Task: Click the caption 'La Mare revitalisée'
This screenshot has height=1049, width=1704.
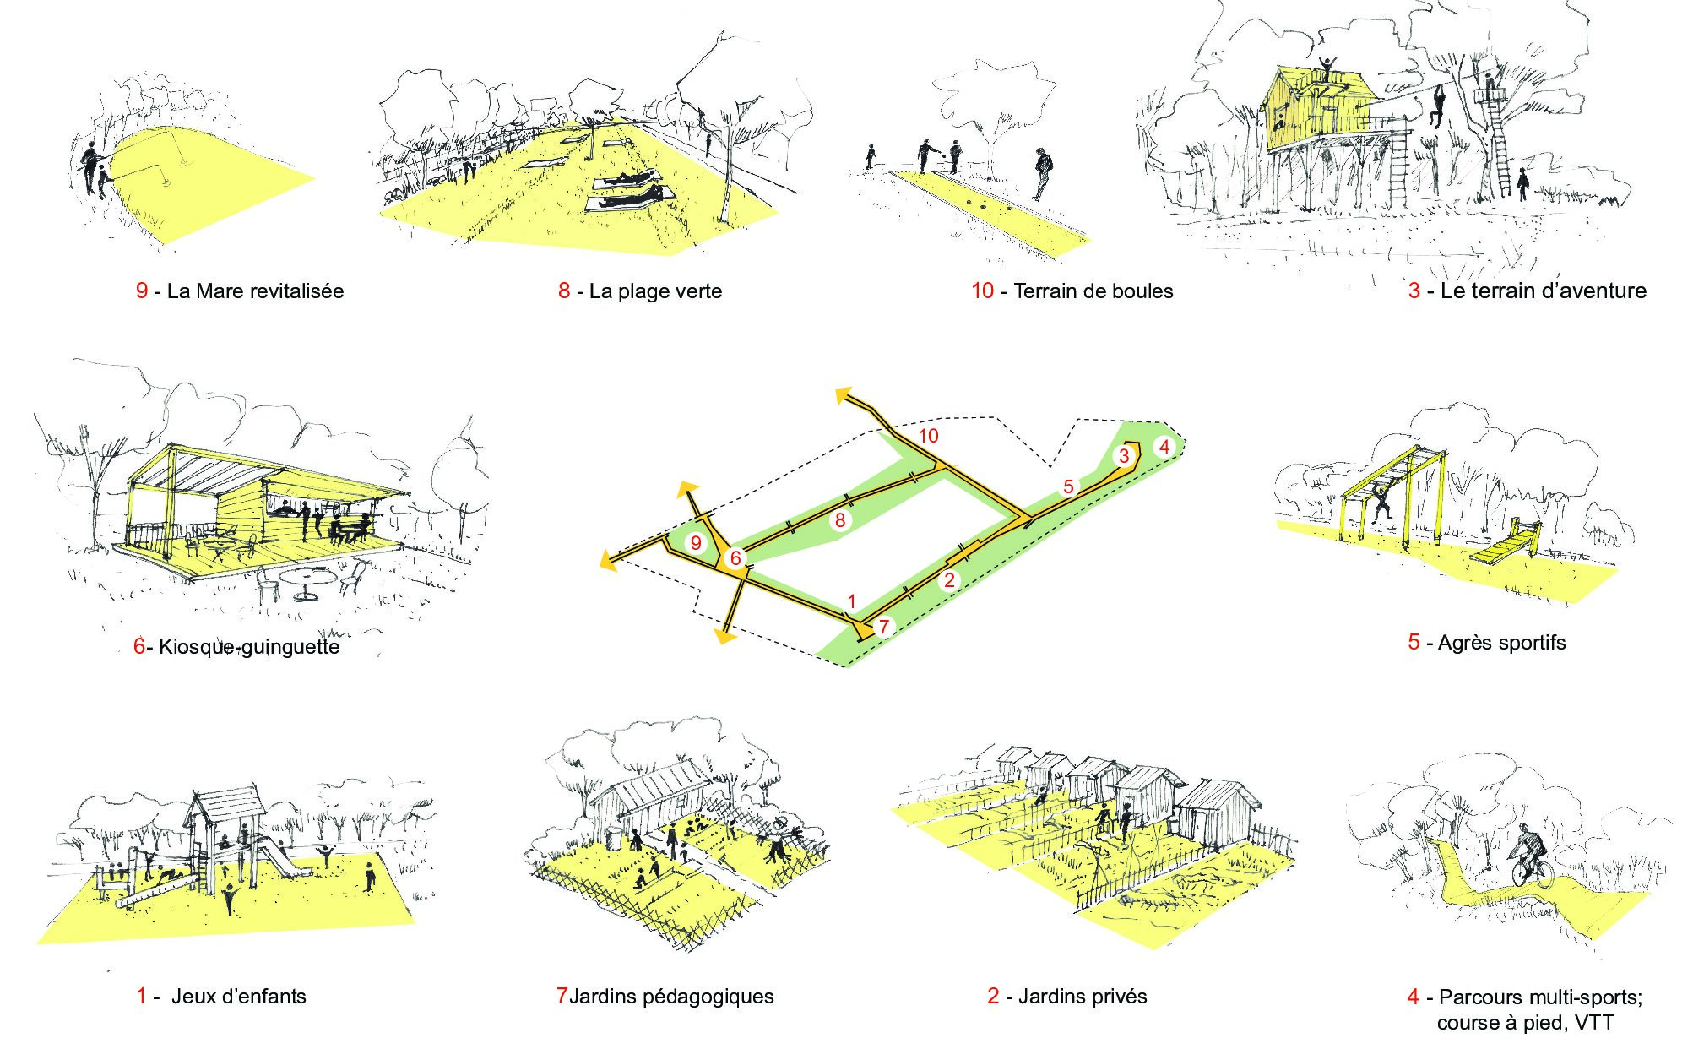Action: pyautogui.click(x=254, y=291)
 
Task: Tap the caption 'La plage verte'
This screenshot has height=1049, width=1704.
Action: pyautogui.click(x=654, y=291)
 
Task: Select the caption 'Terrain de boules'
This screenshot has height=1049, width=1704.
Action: pyautogui.click(x=1093, y=291)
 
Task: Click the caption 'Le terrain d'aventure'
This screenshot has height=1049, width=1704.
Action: pyautogui.click(x=1543, y=291)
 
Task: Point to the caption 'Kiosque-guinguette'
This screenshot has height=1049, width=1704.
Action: pyautogui.click(x=248, y=647)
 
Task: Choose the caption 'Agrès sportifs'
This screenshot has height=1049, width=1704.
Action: pyautogui.click(x=1500, y=643)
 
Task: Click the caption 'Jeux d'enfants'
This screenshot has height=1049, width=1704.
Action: pyautogui.click(x=238, y=996)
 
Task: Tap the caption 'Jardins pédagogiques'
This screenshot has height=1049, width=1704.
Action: pyautogui.click(x=671, y=996)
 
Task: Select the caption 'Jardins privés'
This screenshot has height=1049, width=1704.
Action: pyautogui.click(x=1082, y=997)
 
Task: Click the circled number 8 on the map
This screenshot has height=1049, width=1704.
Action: pyautogui.click(x=839, y=519)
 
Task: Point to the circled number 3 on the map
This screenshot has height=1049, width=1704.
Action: pyautogui.click(x=1123, y=456)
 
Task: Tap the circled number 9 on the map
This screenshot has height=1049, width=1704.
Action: pyautogui.click(x=696, y=542)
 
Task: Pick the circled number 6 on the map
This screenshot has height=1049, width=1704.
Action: pyautogui.click(x=735, y=558)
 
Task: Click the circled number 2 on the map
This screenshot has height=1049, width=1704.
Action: pyautogui.click(x=949, y=580)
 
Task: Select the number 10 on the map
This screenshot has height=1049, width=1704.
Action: pyautogui.click(x=928, y=436)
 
